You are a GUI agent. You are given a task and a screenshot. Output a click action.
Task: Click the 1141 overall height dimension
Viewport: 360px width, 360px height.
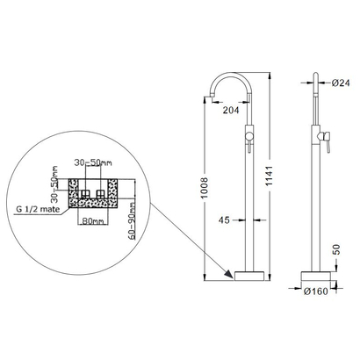pyautogui.click(x=269, y=176)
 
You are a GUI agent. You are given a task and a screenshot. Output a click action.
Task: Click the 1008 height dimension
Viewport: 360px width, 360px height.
pyautogui.click(x=205, y=188)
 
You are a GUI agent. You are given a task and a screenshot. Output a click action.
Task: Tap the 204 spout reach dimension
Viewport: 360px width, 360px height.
pyautogui.click(x=231, y=111)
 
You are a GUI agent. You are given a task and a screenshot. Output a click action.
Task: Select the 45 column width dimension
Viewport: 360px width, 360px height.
pyautogui.click(x=225, y=220)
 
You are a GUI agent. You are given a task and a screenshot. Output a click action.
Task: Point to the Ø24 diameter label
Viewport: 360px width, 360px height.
pyautogui.click(x=341, y=83)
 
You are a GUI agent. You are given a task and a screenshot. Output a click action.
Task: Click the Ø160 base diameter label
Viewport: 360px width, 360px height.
pyautogui.click(x=315, y=292)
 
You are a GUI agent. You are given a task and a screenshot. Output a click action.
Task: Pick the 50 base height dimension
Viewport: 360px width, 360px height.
pyautogui.click(x=337, y=249)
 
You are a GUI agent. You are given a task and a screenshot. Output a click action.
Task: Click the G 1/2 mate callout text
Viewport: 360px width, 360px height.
pyautogui.click(x=38, y=209)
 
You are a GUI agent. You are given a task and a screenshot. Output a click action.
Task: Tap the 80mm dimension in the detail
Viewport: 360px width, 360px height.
pyautogui.click(x=93, y=220)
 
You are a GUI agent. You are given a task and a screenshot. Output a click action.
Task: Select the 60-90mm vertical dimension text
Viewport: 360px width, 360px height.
pyautogui.click(x=132, y=220)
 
